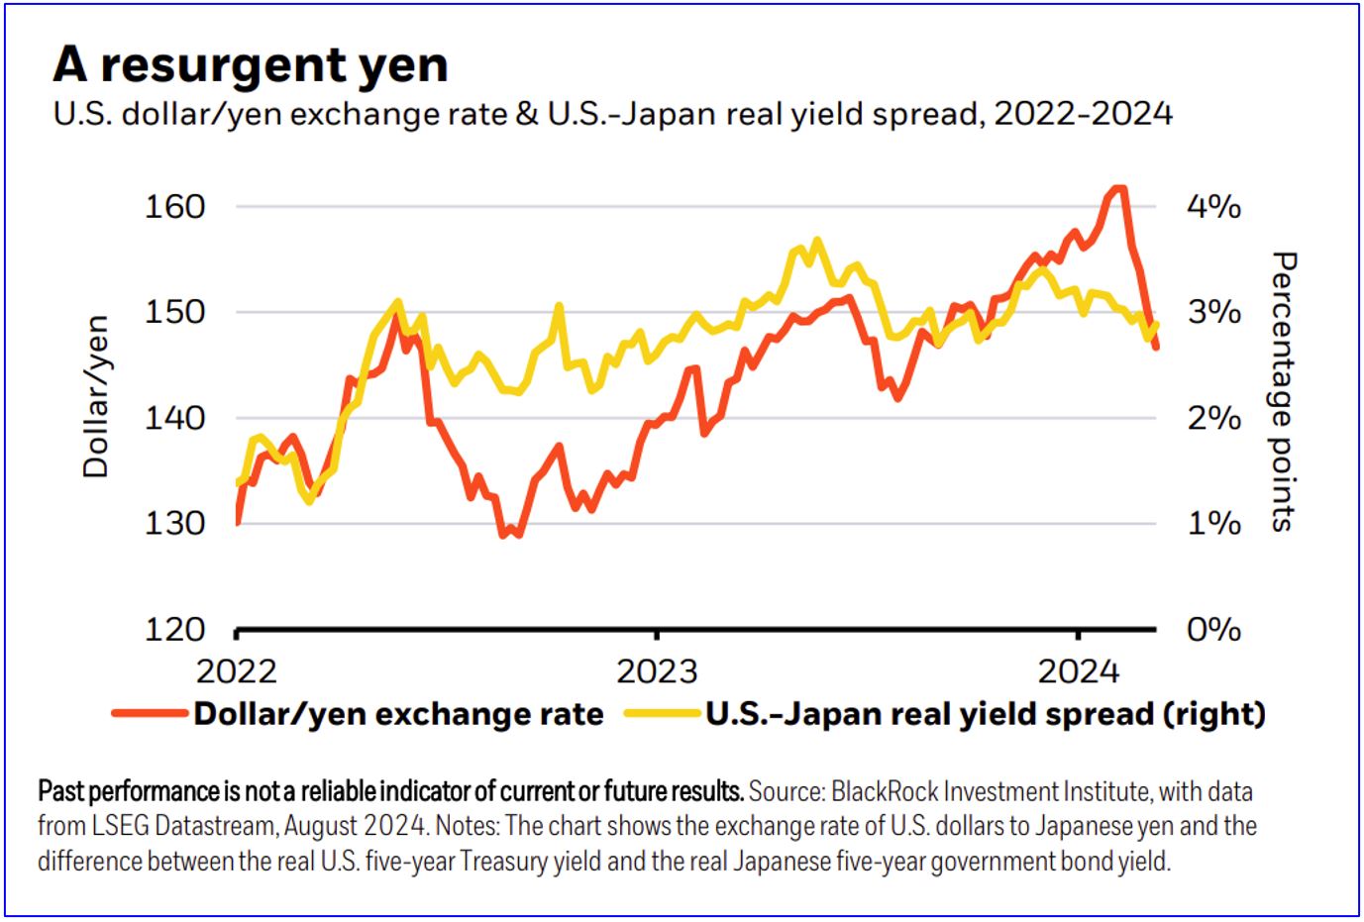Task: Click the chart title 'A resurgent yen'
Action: coord(250,65)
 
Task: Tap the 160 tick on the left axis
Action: coord(174,206)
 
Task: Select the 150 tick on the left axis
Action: coord(174,311)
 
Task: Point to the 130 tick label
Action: coord(174,522)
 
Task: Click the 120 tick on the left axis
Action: coord(174,629)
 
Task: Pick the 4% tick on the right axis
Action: coord(1213,206)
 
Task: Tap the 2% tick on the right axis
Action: coord(1213,418)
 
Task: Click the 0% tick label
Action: coord(1213,629)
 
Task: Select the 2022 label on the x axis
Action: coord(236,670)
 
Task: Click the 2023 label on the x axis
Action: coord(657,670)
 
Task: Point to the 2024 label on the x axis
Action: coord(1078,670)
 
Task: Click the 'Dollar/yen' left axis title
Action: coord(95,396)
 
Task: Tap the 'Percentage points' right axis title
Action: coord(1283,391)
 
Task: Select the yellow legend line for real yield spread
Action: coord(662,713)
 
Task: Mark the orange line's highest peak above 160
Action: coord(1117,188)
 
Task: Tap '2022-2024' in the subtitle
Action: coord(1083,114)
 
